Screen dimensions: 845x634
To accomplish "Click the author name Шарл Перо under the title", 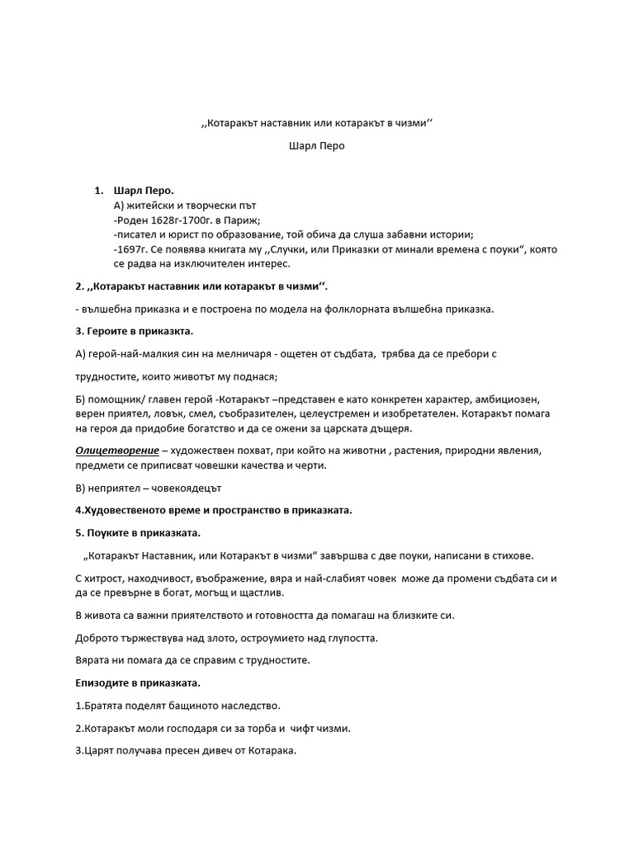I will coord(316,146).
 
